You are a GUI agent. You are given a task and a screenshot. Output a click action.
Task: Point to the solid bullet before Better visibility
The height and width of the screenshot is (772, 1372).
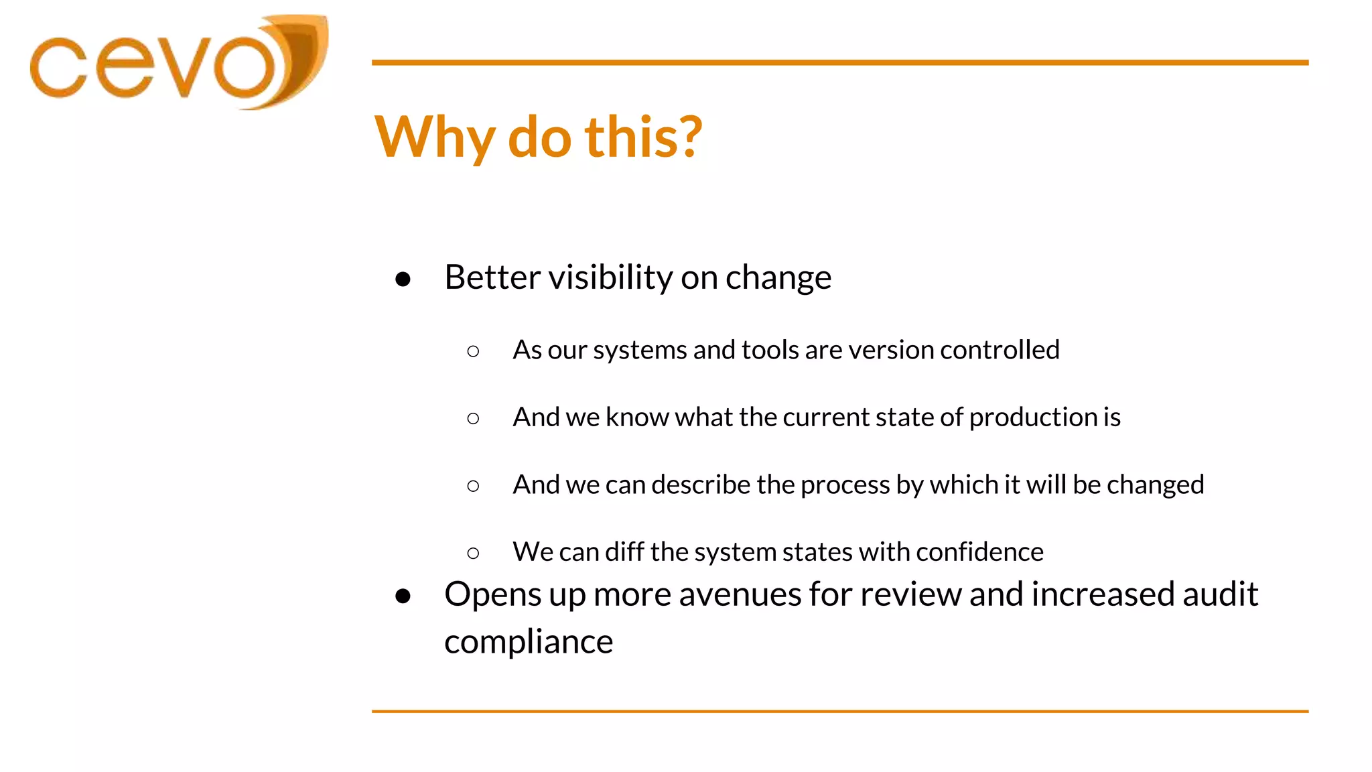(403, 279)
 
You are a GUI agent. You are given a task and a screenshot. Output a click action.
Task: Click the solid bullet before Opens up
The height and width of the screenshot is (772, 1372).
(403, 596)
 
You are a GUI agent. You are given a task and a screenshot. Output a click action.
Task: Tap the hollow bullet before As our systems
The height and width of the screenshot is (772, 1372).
(473, 351)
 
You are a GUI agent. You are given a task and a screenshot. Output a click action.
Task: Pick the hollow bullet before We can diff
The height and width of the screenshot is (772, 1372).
(473, 553)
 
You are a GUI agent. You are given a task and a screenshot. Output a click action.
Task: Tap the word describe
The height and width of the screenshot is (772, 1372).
(701, 485)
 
